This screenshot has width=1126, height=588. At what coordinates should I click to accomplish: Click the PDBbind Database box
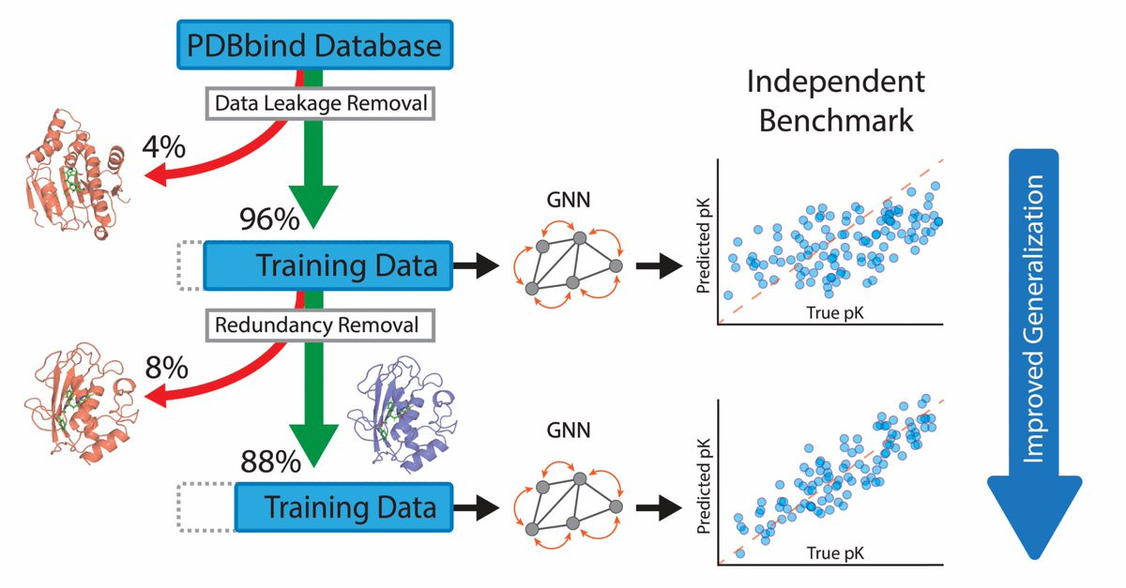pyautogui.click(x=315, y=45)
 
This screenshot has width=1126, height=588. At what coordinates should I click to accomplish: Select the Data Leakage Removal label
pyautogui.click(x=320, y=103)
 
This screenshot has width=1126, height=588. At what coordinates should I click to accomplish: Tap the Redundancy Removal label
pyautogui.click(x=320, y=325)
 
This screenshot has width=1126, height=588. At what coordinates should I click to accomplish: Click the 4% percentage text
pyautogui.click(x=164, y=147)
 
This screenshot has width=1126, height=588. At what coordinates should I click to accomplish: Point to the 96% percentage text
pyautogui.click(x=269, y=219)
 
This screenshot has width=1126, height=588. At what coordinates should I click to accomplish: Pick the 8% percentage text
pyautogui.click(x=166, y=368)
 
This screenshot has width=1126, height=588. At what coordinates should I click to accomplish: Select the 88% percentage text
pyautogui.click(x=270, y=461)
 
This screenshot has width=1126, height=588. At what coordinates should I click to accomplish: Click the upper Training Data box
pyautogui.click(x=328, y=265)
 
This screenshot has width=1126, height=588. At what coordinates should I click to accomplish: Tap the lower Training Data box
pyautogui.click(x=343, y=507)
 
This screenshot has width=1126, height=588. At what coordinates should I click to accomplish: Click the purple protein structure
pyautogui.click(x=403, y=415)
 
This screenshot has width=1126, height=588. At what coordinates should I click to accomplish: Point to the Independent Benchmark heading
pyautogui.click(x=835, y=100)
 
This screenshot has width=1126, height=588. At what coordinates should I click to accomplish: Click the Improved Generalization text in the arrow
pyautogui.click(x=1033, y=319)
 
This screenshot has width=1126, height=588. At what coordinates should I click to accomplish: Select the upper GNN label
pyautogui.click(x=568, y=200)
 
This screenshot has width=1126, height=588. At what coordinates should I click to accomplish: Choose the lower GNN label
pyautogui.click(x=568, y=430)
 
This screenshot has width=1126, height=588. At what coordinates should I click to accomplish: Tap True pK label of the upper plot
pyautogui.click(x=835, y=312)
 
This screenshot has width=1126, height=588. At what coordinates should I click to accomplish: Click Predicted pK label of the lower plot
pyautogui.click(x=703, y=486)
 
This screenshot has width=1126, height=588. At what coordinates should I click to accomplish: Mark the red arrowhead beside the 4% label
pyautogui.click(x=156, y=176)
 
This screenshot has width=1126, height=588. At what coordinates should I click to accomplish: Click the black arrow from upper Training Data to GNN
pyautogui.click(x=476, y=265)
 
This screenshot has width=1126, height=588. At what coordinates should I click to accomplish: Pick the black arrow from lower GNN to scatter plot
pyautogui.click(x=659, y=507)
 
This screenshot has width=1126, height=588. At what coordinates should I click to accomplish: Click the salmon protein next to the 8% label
pyautogui.click(x=81, y=402)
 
